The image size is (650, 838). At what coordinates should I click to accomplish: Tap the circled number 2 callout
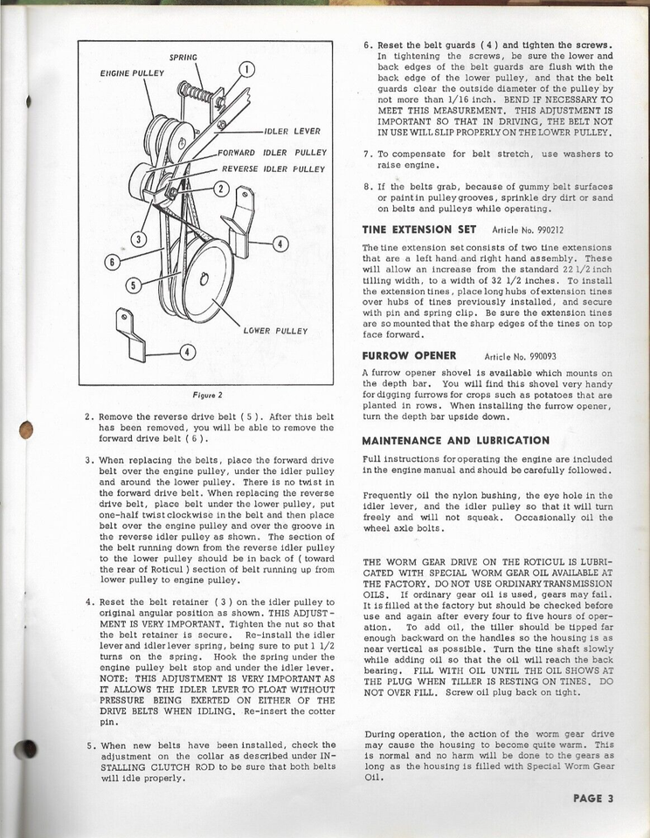(222, 189)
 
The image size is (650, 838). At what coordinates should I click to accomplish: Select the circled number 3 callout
(139, 237)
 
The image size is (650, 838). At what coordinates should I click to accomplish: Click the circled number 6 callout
(111, 261)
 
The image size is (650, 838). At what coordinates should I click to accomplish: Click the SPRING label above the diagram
(183, 57)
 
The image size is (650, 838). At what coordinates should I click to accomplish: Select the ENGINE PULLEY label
(132, 73)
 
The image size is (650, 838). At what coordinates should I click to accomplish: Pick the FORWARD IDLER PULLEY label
(272, 152)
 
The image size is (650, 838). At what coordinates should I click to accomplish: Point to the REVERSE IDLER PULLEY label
(273, 168)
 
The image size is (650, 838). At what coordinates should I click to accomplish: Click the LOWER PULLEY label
(275, 331)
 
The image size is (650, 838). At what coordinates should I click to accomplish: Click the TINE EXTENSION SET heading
(419, 230)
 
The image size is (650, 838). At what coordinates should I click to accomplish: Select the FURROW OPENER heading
(410, 356)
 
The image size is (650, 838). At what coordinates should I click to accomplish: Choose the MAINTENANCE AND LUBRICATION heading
(455, 440)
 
